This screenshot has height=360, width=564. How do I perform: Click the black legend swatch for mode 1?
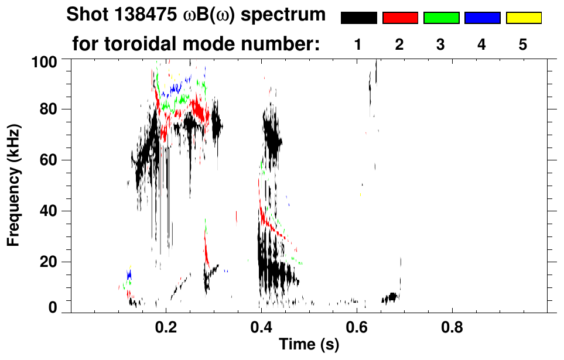click(x=359, y=18)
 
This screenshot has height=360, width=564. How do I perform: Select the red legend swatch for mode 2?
click(x=400, y=18)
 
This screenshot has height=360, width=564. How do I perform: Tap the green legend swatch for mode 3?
click(x=441, y=18)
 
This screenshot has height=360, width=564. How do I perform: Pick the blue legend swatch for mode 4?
click(x=482, y=18)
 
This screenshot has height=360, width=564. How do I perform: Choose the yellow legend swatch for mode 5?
click(x=523, y=18)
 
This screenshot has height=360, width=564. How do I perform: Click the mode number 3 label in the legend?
click(x=441, y=44)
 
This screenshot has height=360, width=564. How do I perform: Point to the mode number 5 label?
click(x=523, y=44)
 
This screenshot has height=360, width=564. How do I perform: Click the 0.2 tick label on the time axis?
click(x=166, y=325)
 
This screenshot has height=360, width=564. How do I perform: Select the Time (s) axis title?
click(x=309, y=345)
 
